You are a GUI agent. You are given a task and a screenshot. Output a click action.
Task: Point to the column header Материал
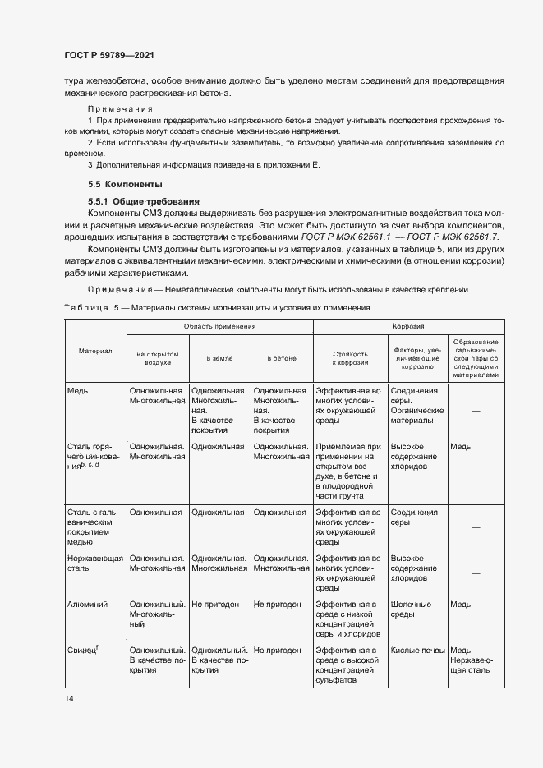click(95, 351)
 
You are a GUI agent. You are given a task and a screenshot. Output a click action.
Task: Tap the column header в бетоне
click(282, 357)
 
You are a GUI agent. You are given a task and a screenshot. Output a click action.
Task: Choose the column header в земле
click(219, 357)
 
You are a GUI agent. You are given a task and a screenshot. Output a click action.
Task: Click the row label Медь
click(80, 391)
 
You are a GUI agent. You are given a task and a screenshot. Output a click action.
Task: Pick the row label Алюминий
click(89, 604)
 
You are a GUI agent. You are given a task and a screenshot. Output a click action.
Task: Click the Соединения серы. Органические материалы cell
click(417, 406)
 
